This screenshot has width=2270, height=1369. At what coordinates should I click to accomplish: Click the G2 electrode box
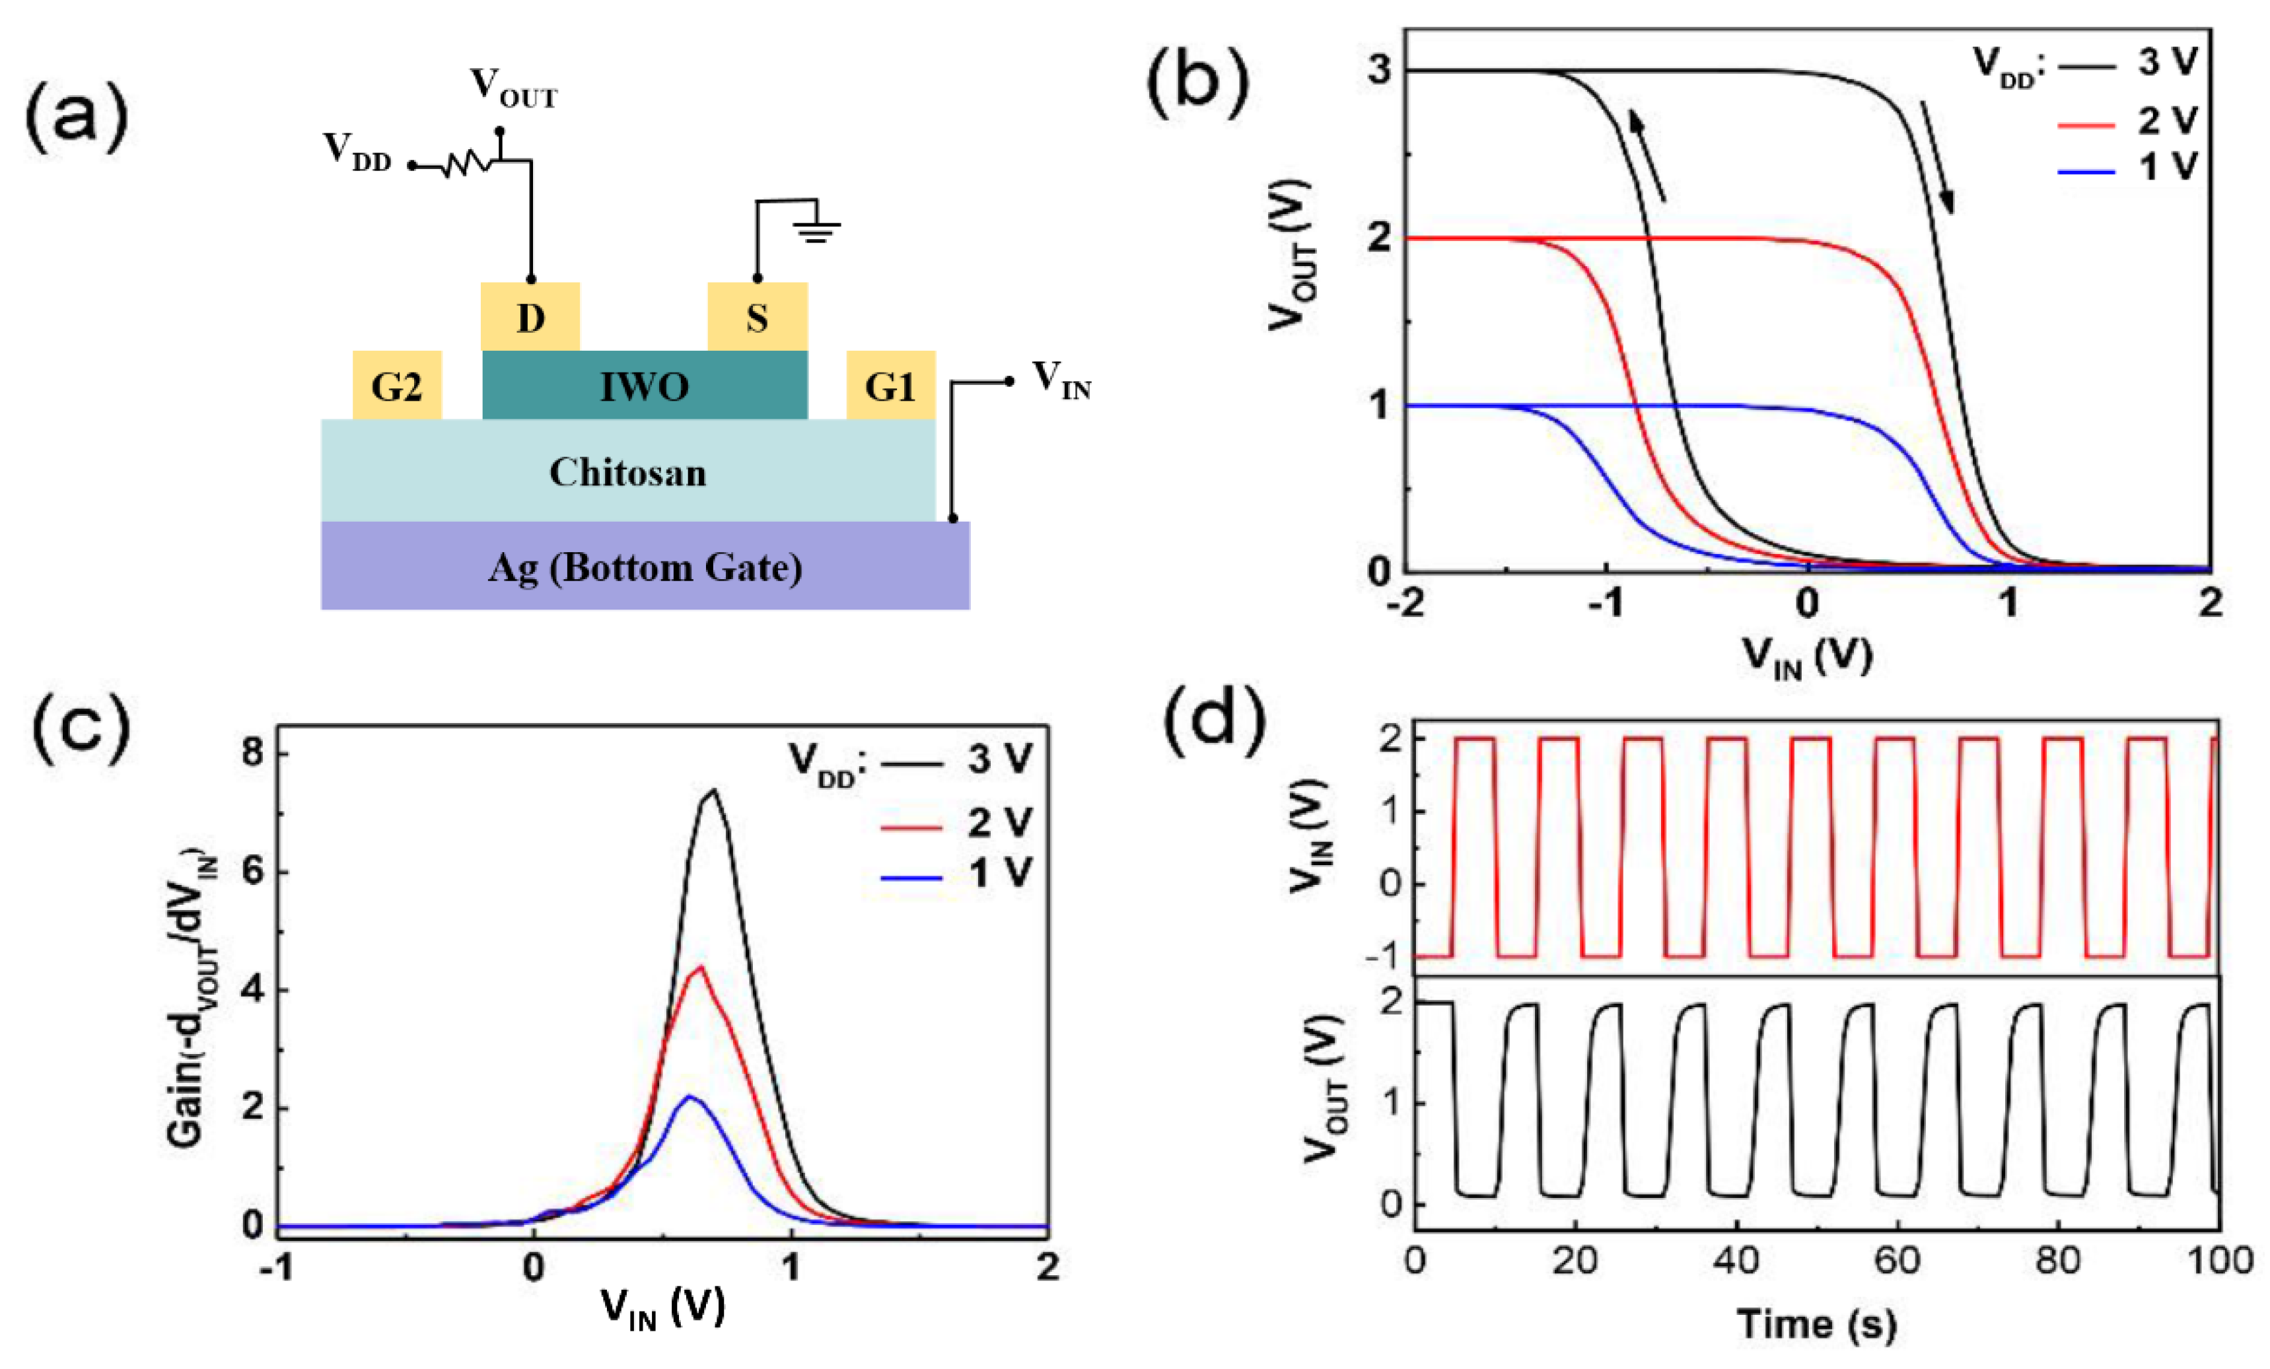point(397,385)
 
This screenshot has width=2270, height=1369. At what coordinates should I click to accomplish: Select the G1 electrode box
point(890,385)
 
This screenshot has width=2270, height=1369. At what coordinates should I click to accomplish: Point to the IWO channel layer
point(644,385)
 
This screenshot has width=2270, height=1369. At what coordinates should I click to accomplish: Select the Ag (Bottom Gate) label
point(644,567)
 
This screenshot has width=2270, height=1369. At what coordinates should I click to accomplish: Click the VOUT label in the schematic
point(513,88)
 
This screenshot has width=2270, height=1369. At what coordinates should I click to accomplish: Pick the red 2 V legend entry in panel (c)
point(958,824)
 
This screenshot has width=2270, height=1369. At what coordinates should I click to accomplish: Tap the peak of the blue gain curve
point(689,1096)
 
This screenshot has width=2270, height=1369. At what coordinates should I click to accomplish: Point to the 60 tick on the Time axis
point(1897,1260)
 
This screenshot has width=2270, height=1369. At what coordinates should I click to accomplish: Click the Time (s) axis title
point(1817,1325)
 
